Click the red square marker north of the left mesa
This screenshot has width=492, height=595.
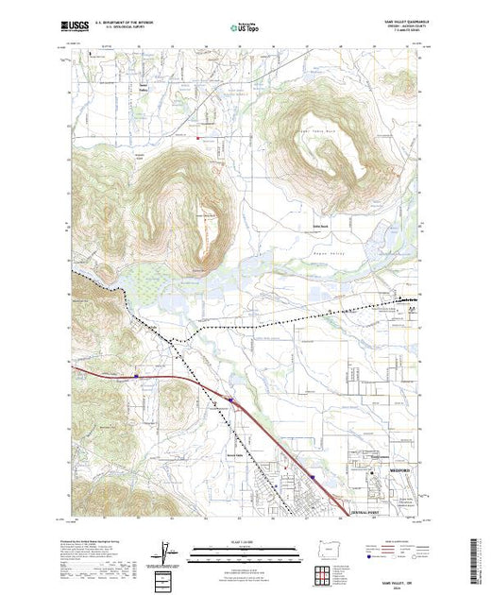pos(197,138)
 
